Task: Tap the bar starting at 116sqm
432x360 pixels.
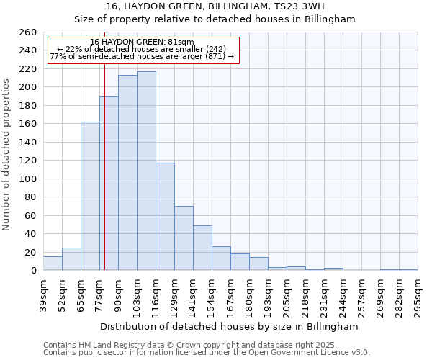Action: coord(165,217)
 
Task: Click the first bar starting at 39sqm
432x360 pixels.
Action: coord(53,264)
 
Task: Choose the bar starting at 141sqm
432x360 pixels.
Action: coord(202,248)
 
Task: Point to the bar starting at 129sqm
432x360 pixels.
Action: coord(184,238)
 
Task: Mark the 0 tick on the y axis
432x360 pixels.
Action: coord(34,271)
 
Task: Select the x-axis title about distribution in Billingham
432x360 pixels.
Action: coord(228,326)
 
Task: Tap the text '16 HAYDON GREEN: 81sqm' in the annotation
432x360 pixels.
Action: coord(143,42)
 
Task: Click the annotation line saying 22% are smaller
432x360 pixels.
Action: coord(142,49)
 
